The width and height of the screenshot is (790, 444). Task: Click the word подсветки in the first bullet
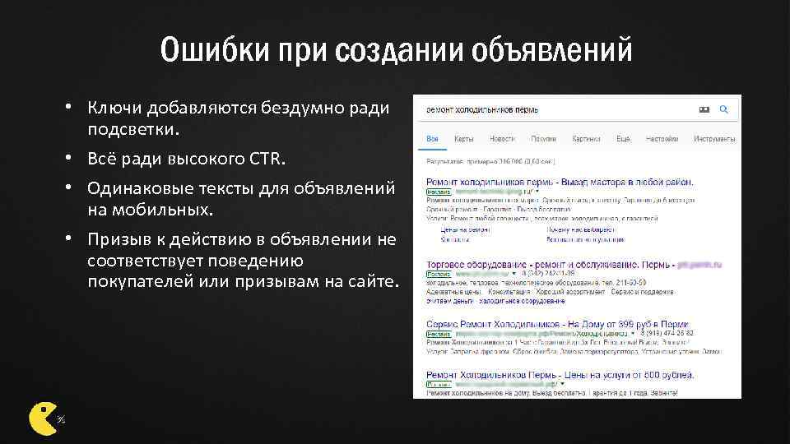[x=136, y=130]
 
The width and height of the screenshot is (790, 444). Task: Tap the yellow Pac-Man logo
[x=43, y=417]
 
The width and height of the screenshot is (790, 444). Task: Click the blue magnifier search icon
[x=724, y=109]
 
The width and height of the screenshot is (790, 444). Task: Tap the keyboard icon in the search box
[x=704, y=109]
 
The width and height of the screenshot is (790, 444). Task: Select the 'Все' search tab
[x=432, y=138]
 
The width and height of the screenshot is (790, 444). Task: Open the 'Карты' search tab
[x=463, y=138]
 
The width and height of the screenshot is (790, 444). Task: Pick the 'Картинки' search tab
[x=586, y=138]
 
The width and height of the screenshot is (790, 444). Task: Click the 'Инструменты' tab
[x=713, y=138]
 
